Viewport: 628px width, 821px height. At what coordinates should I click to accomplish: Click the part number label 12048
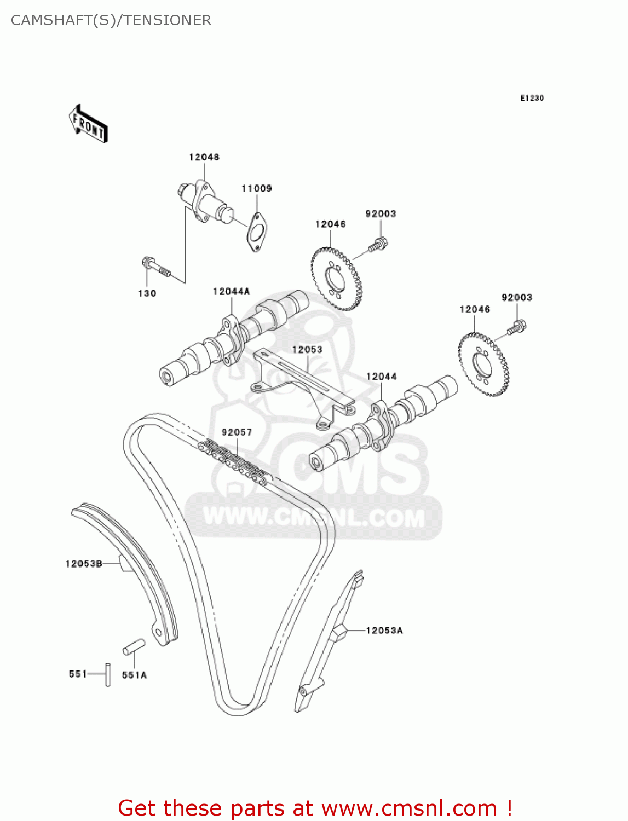click(204, 157)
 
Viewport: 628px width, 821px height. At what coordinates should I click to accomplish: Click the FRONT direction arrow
click(88, 125)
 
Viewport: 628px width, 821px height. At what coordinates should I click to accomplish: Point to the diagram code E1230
click(532, 98)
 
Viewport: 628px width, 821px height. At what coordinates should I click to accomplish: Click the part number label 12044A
click(231, 292)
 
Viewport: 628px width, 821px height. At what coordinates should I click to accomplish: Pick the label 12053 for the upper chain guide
click(307, 349)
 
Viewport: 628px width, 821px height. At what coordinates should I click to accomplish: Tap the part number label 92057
click(237, 432)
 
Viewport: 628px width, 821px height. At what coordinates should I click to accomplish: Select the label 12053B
click(84, 564)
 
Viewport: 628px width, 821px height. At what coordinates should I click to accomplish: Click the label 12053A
click(384, 631)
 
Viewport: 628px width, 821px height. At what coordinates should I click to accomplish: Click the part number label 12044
click(381, 377)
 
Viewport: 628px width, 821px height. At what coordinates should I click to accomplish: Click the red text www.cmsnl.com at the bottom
click(409, 808)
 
